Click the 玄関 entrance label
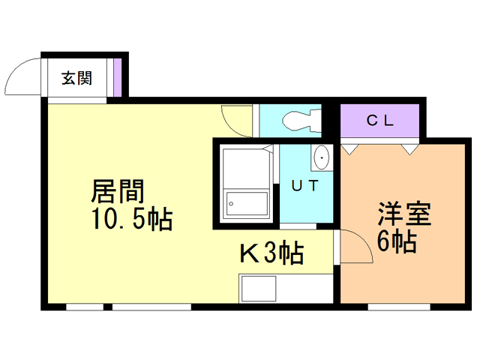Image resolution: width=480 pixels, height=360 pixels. coord(76,77)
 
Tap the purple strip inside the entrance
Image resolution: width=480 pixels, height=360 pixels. coord(118,77)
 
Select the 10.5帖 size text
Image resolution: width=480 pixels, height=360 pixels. coord(131,220)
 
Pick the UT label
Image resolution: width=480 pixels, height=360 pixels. coord(305,186)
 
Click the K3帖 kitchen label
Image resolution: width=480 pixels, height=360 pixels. coord(271,254)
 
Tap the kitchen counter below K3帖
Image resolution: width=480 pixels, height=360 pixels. coord(286,288)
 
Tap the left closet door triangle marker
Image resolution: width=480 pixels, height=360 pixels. coord(348,148)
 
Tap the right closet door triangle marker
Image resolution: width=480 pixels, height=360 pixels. coord(409,148)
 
